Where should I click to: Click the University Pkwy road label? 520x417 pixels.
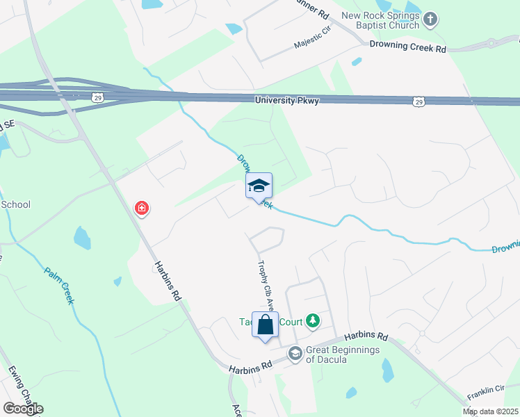pyautogui.click(x=287, y=101)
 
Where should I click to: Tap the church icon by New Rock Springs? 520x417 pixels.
pyautogui.click(x=431, y=19)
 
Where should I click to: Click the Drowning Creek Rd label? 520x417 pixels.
pyautogui.click(x=407, y=49)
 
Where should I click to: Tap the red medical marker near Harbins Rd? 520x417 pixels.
pyautogui.click(x=142, y=208)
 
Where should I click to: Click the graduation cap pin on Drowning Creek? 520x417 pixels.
pyautogui.click(x=259, y=186)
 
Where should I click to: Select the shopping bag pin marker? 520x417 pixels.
pyautogui.click(x=265, y=325)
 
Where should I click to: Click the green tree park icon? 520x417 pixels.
pyautogui.click(x=314, y=320)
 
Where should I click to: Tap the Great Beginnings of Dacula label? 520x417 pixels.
pyautogui.click(x=343, y=354)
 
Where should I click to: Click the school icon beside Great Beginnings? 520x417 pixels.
pyautogui.click(x=295, y=354)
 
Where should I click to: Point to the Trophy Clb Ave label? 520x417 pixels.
pyautogui.click(x=264, y=284)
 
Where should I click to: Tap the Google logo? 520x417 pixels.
pyautogui.click(x=23, y=408)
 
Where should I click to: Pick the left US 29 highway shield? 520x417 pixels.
pyautogui.click(x=98, y=97)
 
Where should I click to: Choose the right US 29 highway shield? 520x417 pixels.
pyautogui.click(x=419, y=102)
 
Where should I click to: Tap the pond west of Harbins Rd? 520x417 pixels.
pyautogui.click(x=82, y=238)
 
